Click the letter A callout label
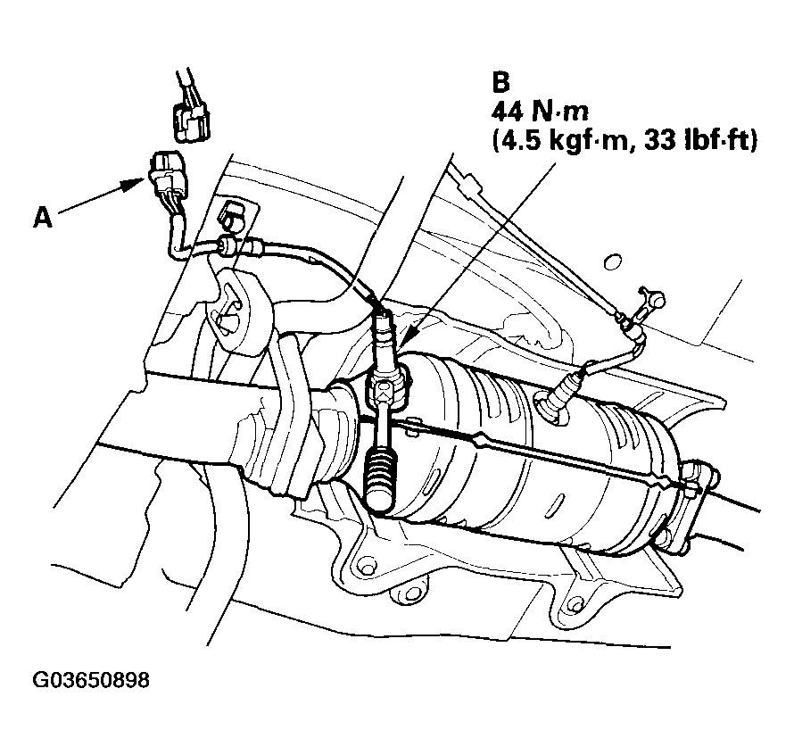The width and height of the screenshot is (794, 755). [x=42, y=217]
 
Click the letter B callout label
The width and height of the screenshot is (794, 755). [x=500, y=82]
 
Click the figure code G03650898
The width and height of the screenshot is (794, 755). [x=91, y=680]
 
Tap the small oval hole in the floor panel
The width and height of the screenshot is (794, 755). [x=611, y=261]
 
